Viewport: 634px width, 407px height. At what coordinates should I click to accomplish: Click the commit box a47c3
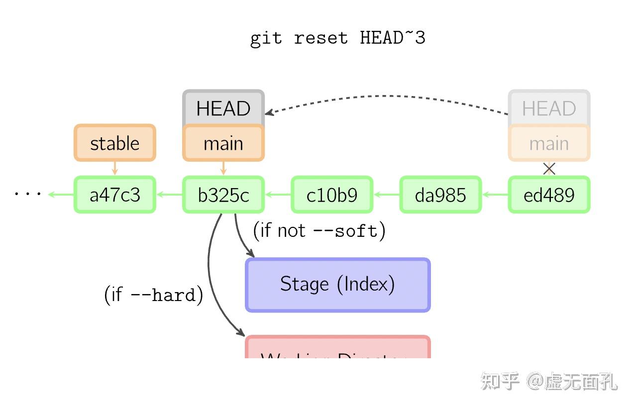coord(115,195)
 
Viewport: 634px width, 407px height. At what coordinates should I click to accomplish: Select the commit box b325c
coord(223,195)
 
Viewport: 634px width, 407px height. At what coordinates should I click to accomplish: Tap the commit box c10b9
coord(332,195)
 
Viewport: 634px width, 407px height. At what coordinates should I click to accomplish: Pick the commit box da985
coord(440,195)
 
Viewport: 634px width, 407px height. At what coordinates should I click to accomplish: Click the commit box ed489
coord(549,195)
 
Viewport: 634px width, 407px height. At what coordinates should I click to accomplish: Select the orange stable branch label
coord(115,143)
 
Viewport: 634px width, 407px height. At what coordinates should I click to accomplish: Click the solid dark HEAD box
coord(223,107)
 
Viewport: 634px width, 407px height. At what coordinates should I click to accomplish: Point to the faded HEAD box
coord(549,107)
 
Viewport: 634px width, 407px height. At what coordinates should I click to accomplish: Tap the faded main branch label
coord(549,143)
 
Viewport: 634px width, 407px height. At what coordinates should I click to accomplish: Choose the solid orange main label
coord(223,143)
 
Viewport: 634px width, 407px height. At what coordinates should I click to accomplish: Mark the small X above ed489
coord(549,169)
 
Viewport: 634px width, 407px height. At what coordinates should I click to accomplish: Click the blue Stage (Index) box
coord(337,285)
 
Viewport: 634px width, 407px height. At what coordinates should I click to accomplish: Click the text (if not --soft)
coord(319,230)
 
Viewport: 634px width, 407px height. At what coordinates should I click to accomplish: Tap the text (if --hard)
coord(153,295)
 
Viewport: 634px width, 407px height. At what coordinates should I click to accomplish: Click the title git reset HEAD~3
coord(337,38)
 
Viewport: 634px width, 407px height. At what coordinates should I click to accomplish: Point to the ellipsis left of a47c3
coord(27,194)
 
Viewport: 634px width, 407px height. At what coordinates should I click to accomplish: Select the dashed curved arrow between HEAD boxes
coord(388,96)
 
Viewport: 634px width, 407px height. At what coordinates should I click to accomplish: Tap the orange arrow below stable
coord(115,168)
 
